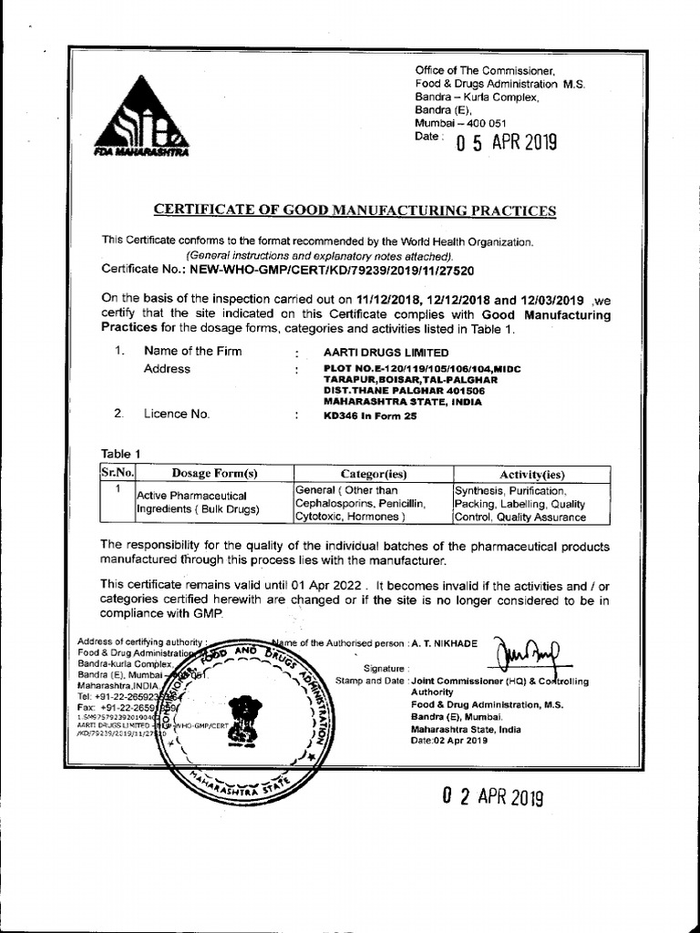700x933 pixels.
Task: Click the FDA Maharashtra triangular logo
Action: coord(142,116)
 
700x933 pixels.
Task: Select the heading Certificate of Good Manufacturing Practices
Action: coord(355,210)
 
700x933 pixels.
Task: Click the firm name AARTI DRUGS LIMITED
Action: coord(386,352)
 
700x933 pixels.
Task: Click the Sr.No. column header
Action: coord(117,473)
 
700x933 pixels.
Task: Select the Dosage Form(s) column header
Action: coord(214,473)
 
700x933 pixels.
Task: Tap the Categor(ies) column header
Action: coord(373,474)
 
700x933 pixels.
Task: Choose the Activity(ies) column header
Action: coord(532,474)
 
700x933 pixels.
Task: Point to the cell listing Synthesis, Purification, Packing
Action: coord(520,503)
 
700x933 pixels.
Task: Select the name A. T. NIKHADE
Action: coord(444,643)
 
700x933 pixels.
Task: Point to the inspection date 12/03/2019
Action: coord(554,298)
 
